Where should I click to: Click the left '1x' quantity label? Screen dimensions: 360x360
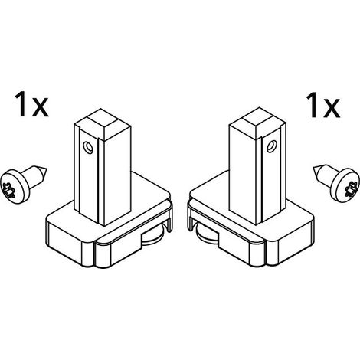point(31,105)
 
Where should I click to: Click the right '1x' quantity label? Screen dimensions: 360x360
point(323,105)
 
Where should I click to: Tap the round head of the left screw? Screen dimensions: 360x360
point(15,187)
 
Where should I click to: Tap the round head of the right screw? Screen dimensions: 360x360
point(345,186)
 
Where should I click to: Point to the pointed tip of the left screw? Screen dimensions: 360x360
point(46,169)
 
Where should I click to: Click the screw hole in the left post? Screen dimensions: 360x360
point(88,148)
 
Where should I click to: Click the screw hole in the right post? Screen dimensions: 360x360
point(271,146)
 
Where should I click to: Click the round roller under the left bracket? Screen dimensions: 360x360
point(153,236)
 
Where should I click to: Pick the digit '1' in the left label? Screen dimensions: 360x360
point(21,105)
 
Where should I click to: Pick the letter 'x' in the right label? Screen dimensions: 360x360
point(331,108)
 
